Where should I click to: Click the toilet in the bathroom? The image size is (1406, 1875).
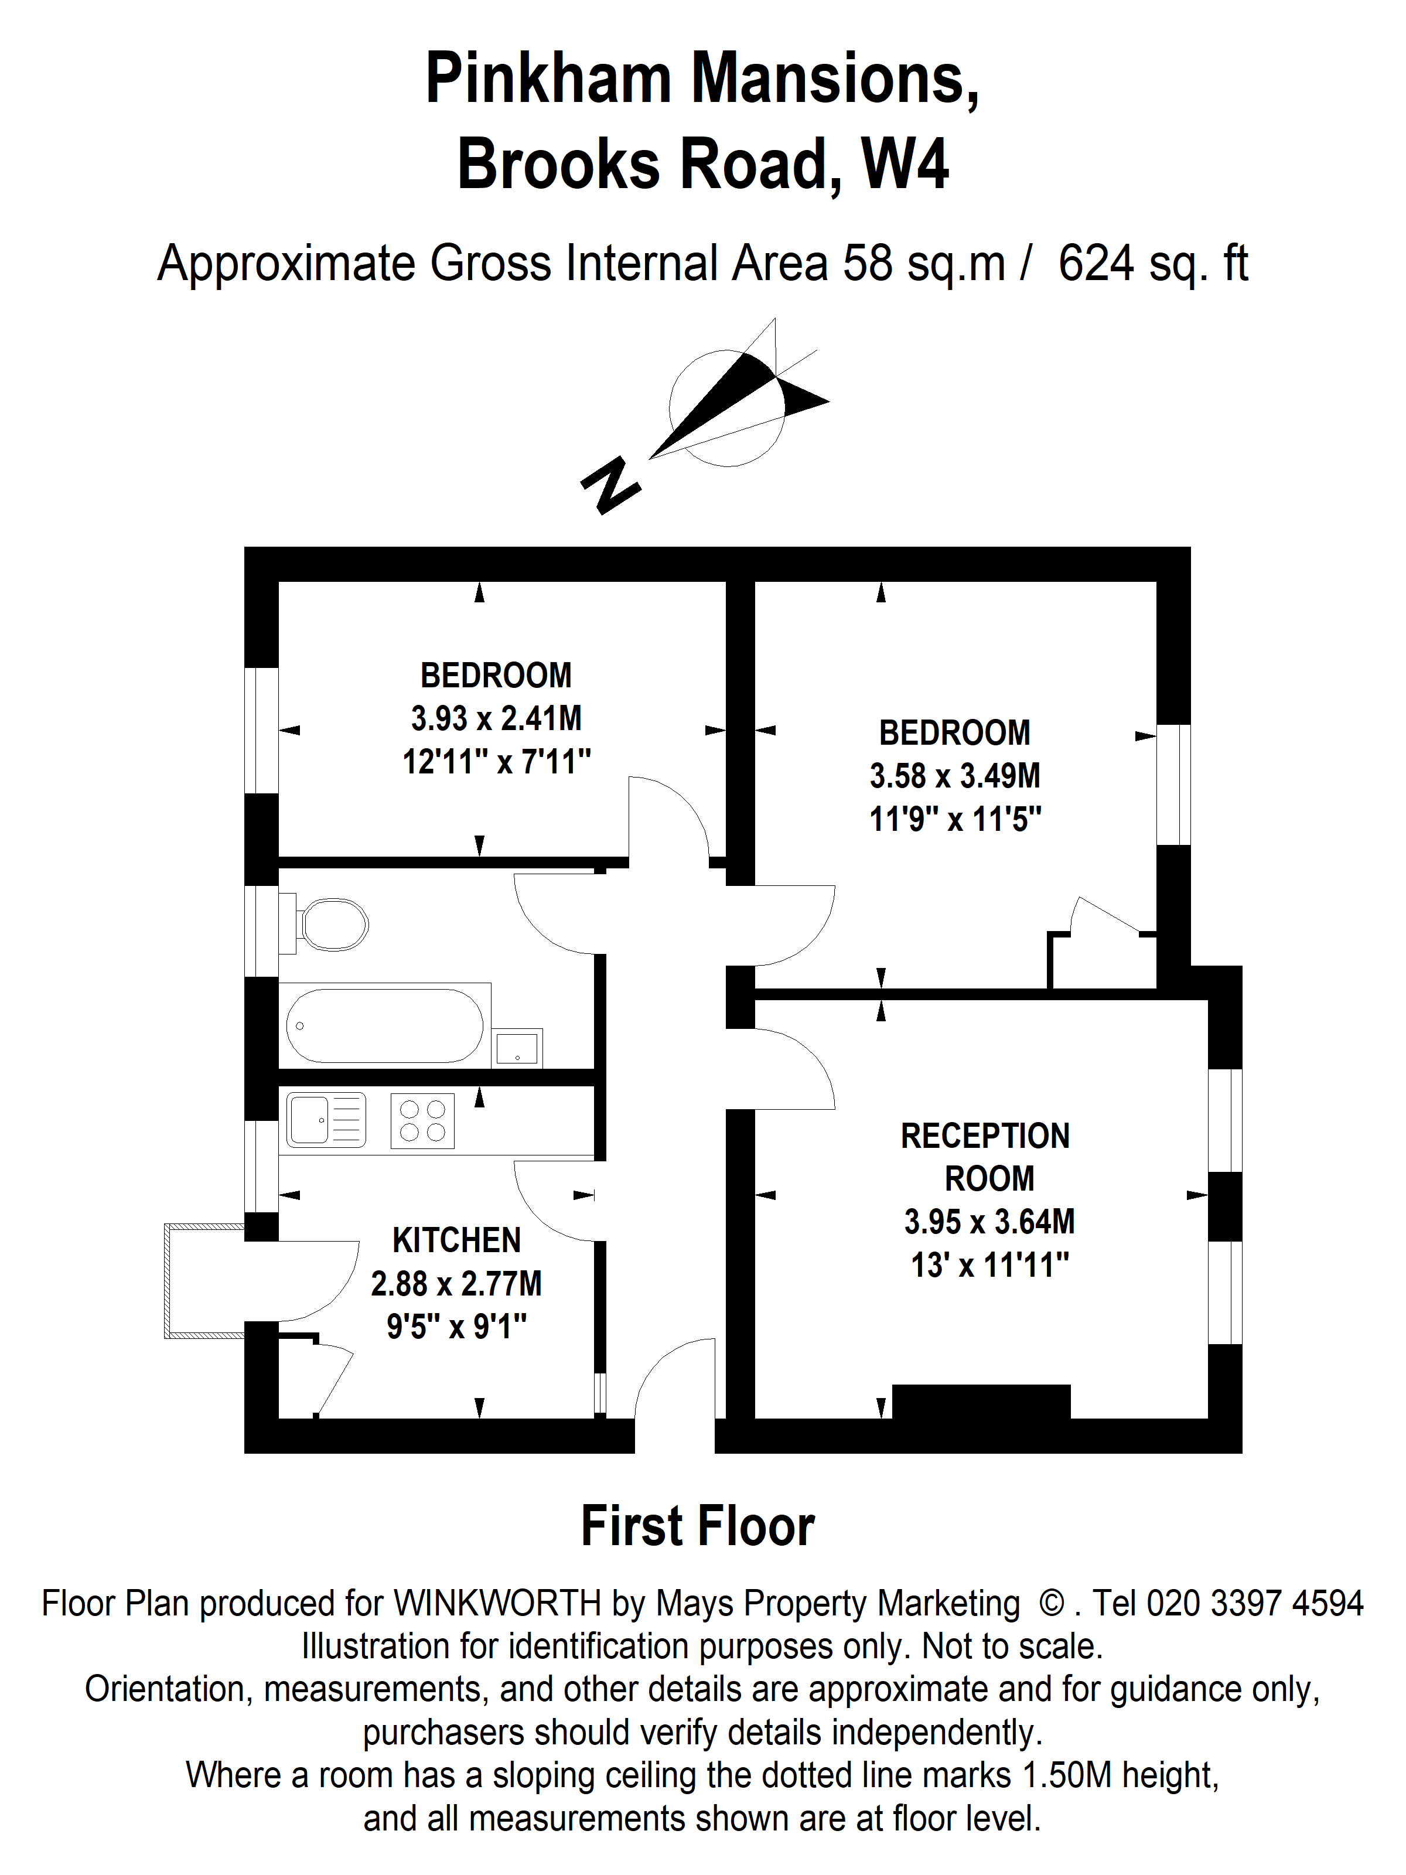pyautogui.click(x=332, y=924)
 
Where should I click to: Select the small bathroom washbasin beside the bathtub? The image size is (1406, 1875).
pyautogui.click(x=517, y=1049)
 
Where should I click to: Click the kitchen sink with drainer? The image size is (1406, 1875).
pyautogui.click(x=326, y=1119)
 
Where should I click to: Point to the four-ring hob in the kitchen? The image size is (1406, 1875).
pyautogui.click(x=422, y=1120)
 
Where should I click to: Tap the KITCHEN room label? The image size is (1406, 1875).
pyautogui.click(x=456, y=1240)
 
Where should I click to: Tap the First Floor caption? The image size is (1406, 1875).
pyautogui.click(x=698, y=1526)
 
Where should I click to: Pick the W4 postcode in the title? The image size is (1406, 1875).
pyautogui.click(x=905, y=163)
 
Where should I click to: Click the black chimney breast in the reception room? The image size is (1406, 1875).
pyautogui.click(x=981, y=1400)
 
